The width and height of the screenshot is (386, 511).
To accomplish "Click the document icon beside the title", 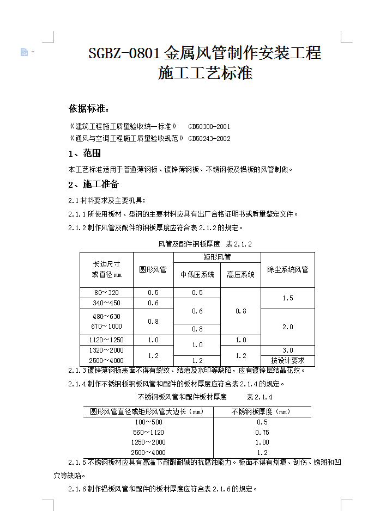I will click(24, 52).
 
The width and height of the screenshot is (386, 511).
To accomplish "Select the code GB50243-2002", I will click(209, 139).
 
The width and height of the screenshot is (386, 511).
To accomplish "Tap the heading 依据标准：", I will click(89, 108).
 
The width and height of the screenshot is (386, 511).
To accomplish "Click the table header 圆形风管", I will click(153, 269).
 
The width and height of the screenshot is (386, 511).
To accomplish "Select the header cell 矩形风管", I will click(217, 257).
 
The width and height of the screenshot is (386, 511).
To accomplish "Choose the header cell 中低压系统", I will click(197, 274).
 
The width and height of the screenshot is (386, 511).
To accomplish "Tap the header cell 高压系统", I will click(240, 274).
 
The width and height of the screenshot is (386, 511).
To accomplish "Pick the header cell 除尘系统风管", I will click(287, 269).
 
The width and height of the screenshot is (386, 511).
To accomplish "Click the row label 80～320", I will click(106, 293).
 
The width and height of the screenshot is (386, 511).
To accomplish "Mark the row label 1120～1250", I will click(106, 340).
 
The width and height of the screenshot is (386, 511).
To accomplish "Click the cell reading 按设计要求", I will click(287, 360).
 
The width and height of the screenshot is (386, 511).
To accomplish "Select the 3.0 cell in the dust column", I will click(287, 350).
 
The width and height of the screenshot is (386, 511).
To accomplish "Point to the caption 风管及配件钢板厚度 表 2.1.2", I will click(205, 244).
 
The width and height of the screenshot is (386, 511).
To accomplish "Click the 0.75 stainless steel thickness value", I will click(262, 432).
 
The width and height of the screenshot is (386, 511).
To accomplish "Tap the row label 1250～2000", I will click(148, 442).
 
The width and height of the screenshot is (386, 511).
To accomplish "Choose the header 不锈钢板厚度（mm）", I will click(262, 411).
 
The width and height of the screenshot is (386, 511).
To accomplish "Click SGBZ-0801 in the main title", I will click(124, 53).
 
